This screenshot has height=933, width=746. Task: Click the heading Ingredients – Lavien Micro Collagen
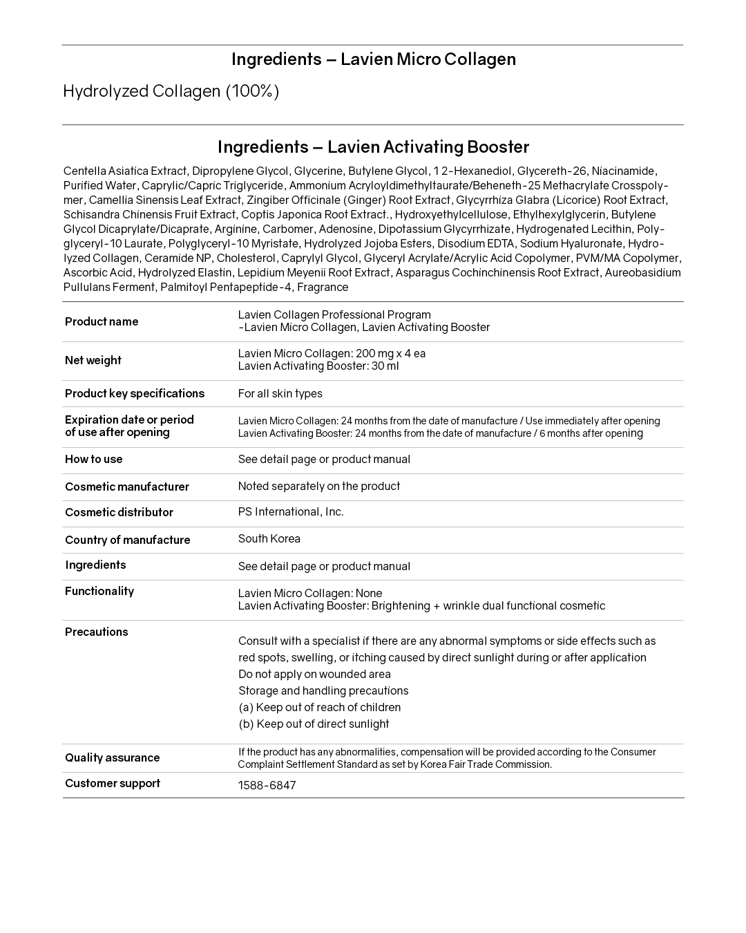pyautogui.click(x=373, y=59)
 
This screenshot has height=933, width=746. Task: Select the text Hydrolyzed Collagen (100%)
pyautogui.click(x=171, y=91)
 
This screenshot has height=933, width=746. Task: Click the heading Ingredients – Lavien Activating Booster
pyautogui.click(x=373, y=147)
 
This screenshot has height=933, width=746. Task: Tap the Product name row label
pyautogui.click(x=102, y=321)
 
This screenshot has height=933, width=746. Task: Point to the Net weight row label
pyautogui.click(x=93, y=360)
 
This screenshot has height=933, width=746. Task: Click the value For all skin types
pyautogui.click(x=280, y=394)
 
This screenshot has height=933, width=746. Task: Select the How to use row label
pyautogui.click(x=94, y=459)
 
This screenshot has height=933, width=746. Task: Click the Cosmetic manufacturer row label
pyautogui.click(x=127, y=487)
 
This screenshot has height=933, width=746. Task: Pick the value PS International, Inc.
pyautogui.click(x=291, y=512)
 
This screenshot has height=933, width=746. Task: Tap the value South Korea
pyautogui.click(x=269, y=539)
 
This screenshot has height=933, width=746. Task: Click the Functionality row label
pyautogui.click(x=99, y=591)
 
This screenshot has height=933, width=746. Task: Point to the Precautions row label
pyautogui.click(x=97, y=632)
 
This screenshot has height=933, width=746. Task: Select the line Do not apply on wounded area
pyautogui.click(x=314, y=675)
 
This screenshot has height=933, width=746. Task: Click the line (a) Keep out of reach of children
pyautogui.click(x=319, y=708)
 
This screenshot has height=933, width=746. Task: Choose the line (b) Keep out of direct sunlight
pyautogui.click(x=314, y=724)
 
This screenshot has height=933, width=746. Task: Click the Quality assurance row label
pyautogui.click(x=113, y=757)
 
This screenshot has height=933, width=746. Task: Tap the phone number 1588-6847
pyautogui.click(x=267, y=786)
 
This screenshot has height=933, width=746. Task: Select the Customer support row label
pyautogui.click(x=113, y=783)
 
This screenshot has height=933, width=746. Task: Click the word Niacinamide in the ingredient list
pyautogui.click(x=624, y=171)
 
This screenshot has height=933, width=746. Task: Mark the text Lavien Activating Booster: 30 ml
pyautogui.click(x=318, y=366)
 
